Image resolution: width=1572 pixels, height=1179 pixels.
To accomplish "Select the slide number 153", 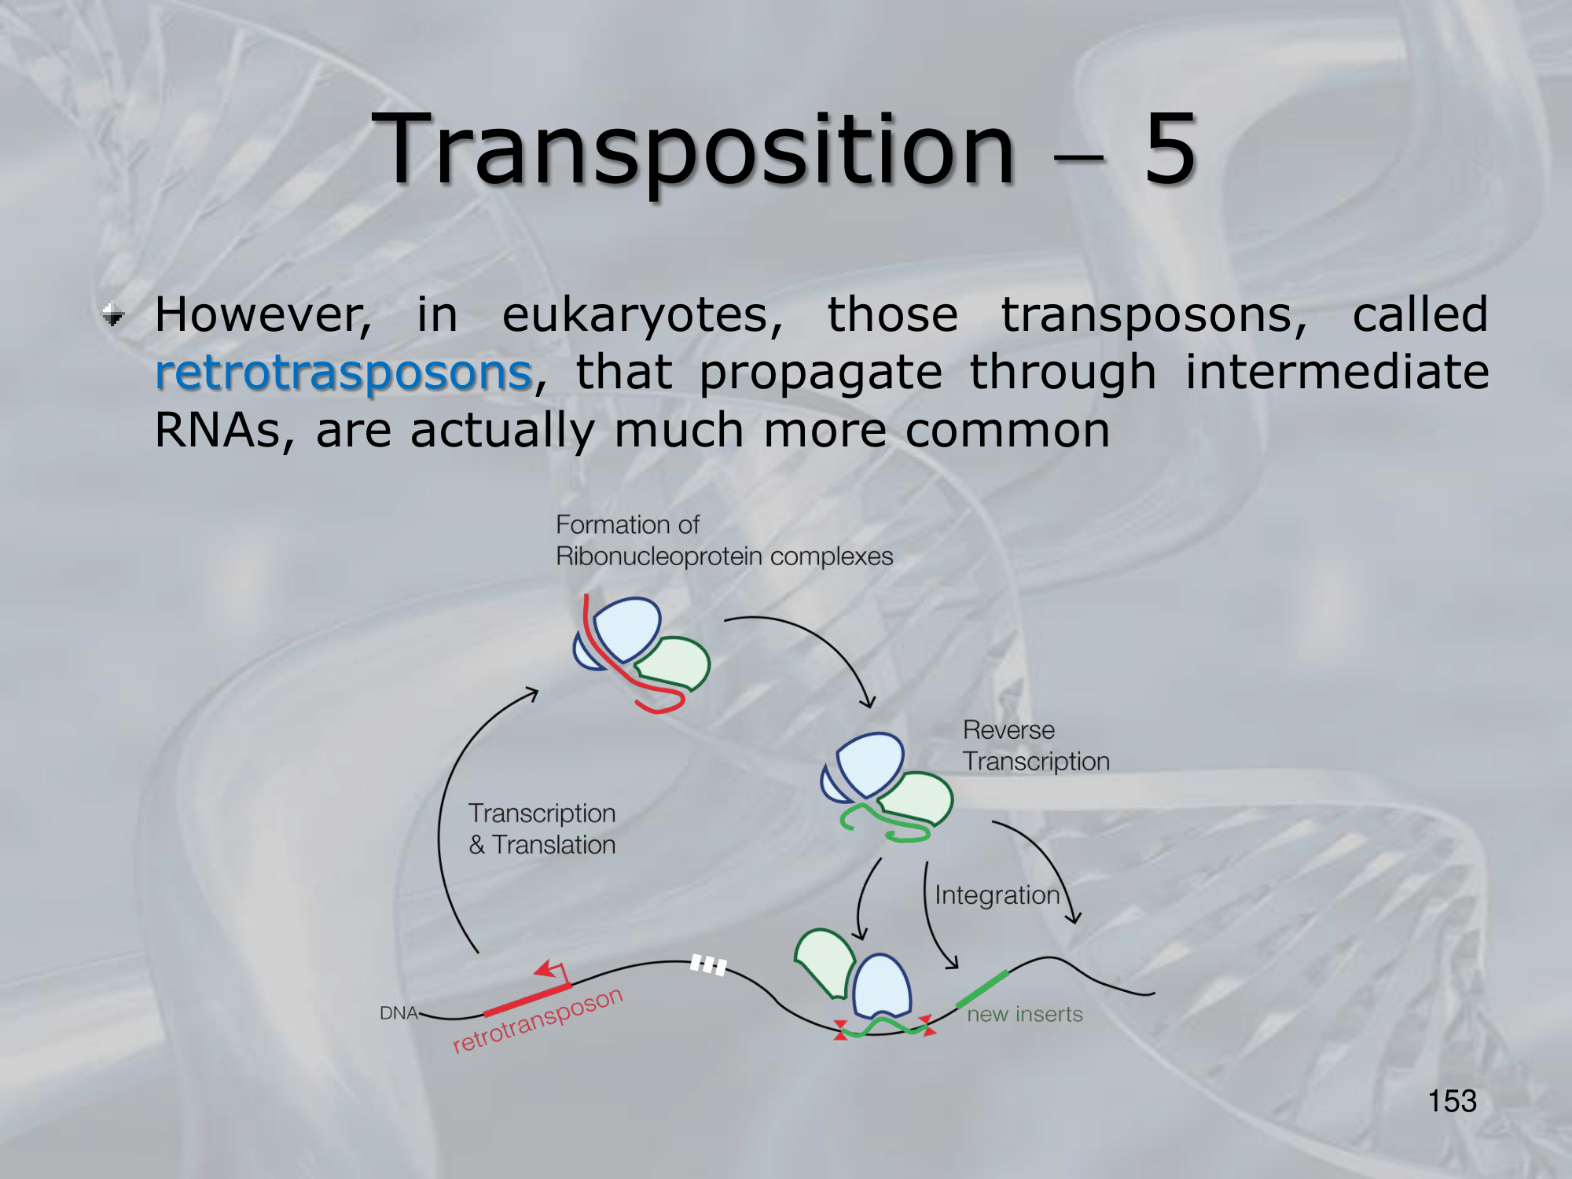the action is coord(1452,1101).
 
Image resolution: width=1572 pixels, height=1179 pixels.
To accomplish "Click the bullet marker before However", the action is coord(114,316).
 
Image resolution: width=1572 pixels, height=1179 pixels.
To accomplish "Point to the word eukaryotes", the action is coord(642,317).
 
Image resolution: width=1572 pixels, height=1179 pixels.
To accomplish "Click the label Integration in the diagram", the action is coord(997,896).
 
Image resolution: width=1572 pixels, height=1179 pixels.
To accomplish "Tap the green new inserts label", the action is coord(1024,1014).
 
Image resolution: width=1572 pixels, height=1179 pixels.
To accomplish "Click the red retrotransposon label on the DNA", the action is coord(538,1019).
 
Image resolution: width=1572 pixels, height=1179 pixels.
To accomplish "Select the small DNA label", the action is coord(399,1013).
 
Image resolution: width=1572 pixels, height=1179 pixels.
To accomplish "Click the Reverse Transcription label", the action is coord(1036,745).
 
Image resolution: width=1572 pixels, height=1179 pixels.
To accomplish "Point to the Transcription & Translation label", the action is coord(542,828).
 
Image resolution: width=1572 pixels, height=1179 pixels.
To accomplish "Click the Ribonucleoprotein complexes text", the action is coord(724,556).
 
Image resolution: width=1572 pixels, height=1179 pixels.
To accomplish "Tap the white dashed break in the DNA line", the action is coord(708,964).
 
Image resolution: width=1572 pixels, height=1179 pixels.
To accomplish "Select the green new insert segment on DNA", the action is coord(982,989).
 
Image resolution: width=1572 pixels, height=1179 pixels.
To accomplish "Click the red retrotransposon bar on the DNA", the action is coord(527,999).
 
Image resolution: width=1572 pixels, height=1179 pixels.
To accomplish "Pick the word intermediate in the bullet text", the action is coord(1336,372).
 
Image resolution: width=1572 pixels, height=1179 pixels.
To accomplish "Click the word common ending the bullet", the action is coord(1008,431).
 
